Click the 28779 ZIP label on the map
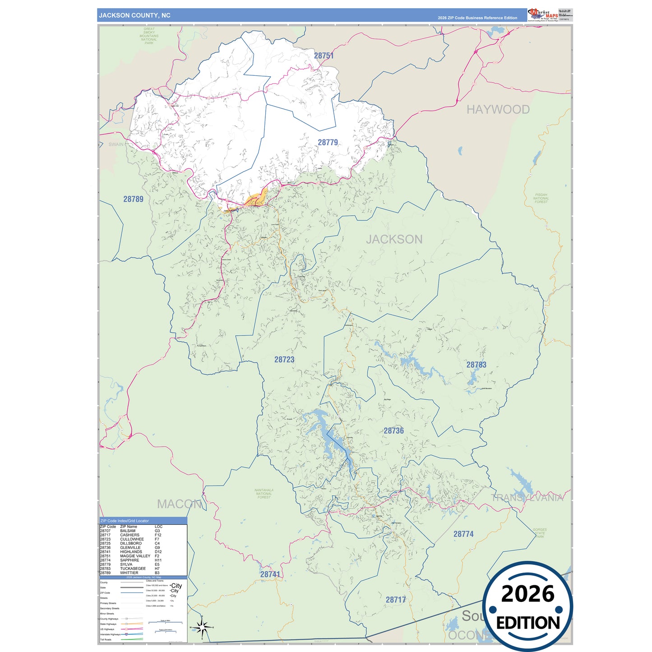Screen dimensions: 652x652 328,143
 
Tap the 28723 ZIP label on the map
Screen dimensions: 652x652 284,360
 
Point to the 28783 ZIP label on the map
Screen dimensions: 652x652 476,365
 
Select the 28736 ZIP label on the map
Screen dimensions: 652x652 393,430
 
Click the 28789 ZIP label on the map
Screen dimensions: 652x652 133,199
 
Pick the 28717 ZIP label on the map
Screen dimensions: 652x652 396,600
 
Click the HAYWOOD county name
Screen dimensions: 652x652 498,110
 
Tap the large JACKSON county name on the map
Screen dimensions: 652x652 394,239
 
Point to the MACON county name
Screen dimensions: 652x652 179,504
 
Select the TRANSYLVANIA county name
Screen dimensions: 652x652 527,498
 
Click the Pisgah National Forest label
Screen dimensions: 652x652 541,199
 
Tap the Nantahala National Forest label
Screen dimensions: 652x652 264,494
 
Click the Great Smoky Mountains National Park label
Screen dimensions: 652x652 149,36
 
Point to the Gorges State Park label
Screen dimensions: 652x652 540,533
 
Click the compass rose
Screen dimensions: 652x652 202,627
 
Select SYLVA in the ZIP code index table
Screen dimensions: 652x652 126,564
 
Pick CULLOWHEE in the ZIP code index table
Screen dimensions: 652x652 132,539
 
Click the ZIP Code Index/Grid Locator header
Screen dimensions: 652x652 125,521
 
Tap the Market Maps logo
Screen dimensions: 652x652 543,15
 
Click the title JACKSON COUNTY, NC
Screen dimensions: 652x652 135,15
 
